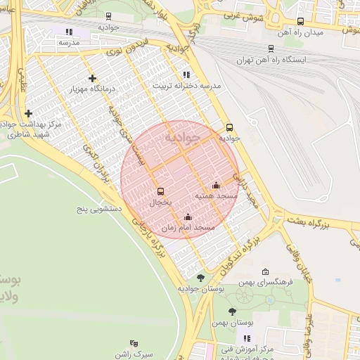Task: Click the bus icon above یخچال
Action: coord(160,191)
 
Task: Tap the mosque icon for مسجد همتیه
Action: coord(215,186)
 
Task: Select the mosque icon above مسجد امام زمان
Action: coord(187,217)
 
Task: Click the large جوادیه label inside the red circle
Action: coord(182,137)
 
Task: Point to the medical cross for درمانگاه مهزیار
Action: coord(92,78)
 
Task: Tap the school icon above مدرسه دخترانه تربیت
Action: coord(186,74)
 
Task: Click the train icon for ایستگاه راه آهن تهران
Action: coord(270,49)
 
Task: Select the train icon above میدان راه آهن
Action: coord(301,22)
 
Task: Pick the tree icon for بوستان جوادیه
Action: coord(200,278)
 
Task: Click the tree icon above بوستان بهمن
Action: coord(233,311)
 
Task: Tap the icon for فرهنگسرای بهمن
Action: coord(265,272)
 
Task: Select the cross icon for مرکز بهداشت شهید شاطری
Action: coord(28,113)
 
